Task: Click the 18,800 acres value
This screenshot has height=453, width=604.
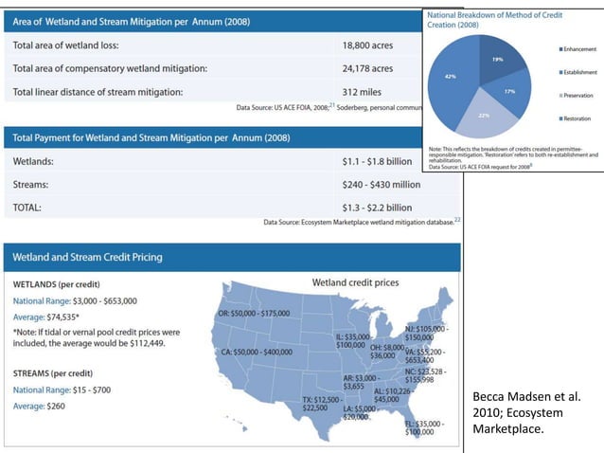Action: pyautogui.click(x=367, y=45)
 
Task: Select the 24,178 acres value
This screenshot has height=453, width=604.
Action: pyautogui.click(x=367, y=68)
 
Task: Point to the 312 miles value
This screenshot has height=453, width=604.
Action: pyautogui.click(x=363, y=92)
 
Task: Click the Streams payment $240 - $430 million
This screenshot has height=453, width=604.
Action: pyautogui.click(x=381, y=184)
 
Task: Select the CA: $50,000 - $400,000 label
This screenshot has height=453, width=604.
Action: pyautogui.click(x=257, y=352)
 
